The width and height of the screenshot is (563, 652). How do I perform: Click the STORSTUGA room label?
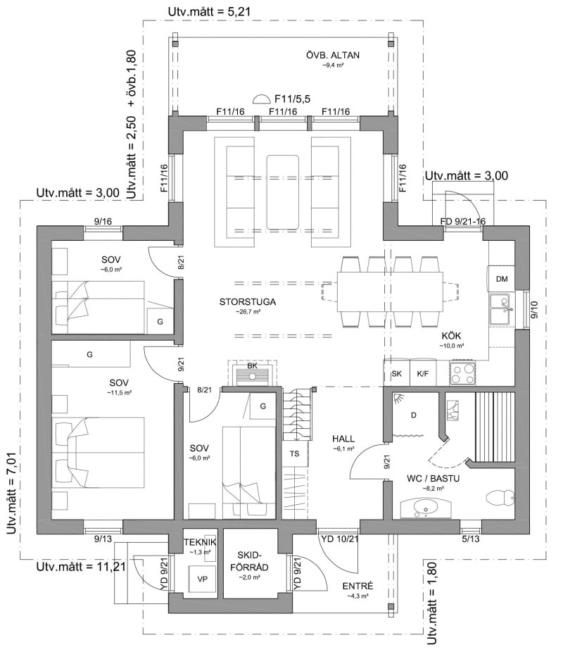[x=248, y=301]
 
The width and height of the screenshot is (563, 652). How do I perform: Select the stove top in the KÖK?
[x=462, y=373]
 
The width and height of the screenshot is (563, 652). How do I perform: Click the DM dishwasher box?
[x=502, y=279]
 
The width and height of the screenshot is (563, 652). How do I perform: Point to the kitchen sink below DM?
[x=502, y=309]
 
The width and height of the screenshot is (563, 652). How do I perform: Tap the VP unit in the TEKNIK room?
[x=202, y=578]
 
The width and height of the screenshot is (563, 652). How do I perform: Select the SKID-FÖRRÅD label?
[x=253, y=561]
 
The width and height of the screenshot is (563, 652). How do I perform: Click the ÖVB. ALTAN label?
[x=333, y=55]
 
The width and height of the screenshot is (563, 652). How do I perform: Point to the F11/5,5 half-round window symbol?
[x=261, y=99]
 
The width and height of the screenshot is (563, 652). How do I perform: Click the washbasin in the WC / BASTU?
[x=424, y=508]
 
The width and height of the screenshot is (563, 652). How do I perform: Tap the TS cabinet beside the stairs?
[x=295, y=453]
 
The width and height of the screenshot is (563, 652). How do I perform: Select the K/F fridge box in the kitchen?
[x=422, y=373]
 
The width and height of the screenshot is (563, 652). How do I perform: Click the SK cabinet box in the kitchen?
[x=397, y=373]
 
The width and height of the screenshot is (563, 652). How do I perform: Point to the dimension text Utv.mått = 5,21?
[x=209, y=11]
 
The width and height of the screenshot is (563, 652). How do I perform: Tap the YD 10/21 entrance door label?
[x=339, y=539]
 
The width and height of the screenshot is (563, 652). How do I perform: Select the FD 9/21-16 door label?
[x=463, y=221]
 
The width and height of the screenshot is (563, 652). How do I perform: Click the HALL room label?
[x=343, y=439]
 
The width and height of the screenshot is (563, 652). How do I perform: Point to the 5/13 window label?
[x=470, y=539]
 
